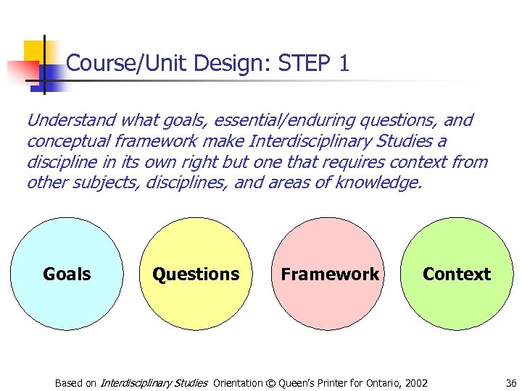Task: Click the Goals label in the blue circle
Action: point(67,274)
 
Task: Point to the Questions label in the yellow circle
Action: point(196,274)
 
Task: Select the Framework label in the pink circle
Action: point(330,274)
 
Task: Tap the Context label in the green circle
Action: point(457,274)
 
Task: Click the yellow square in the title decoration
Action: point(34,51)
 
